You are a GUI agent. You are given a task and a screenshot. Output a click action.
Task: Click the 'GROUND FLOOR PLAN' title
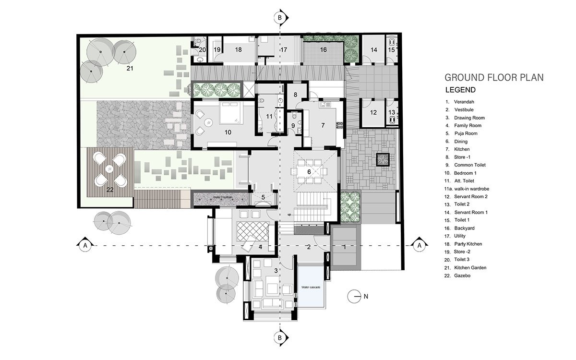point(494,77)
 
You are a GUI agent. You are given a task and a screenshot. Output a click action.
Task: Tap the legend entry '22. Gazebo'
point(460,275)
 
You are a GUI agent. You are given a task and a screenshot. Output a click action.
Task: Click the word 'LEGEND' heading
point(460,90)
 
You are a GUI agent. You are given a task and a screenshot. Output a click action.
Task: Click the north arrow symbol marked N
point(354,297)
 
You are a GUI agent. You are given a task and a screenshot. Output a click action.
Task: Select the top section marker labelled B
point(280,18)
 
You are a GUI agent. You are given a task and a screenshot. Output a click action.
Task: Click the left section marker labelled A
point(85,245)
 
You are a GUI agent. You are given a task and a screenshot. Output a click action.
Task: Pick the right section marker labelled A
point(419,245)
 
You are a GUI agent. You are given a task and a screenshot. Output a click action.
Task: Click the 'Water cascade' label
point(310,287)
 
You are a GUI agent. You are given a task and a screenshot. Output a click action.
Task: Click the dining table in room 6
point(309,171)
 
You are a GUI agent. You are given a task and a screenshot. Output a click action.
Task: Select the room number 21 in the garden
point(130,68)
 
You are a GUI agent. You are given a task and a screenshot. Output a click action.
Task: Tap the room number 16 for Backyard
point(323,49)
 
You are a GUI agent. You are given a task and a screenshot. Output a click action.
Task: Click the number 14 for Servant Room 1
point(373,49)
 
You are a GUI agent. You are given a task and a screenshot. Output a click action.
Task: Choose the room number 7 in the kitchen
point(323,125)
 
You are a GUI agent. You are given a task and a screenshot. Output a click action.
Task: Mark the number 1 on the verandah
point(344,247)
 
